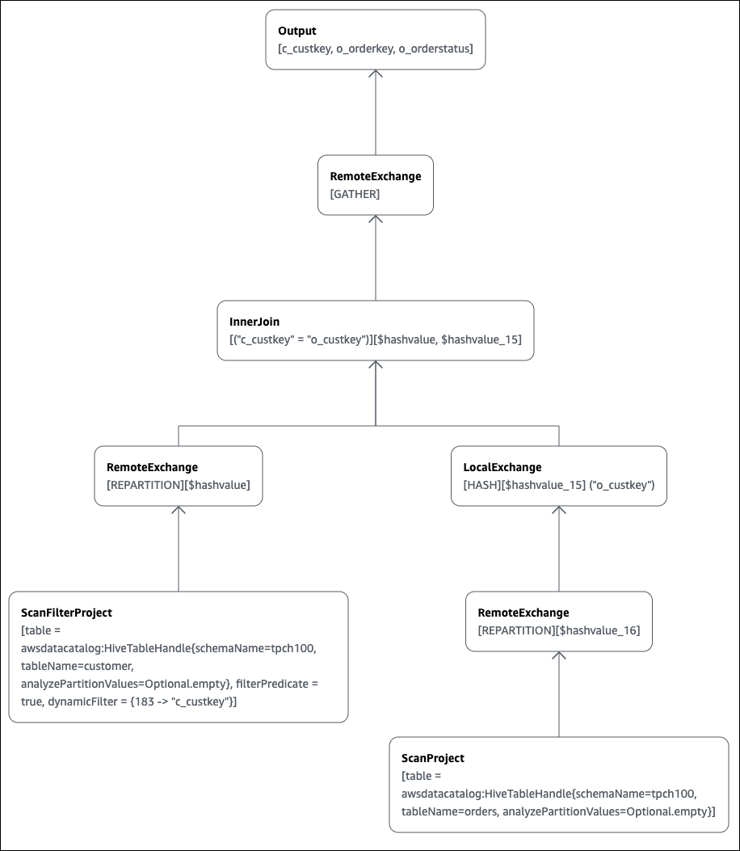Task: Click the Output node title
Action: coord(297,31)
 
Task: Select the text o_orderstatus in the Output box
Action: coord(436,49)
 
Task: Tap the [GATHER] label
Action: coord(355,195)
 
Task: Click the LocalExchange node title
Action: coord(502,467)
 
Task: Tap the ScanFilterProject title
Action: coord(66,613)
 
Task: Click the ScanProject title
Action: coord(433,758)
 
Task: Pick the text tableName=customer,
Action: coord(70,666)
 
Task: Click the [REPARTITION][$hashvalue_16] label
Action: coord(559,630)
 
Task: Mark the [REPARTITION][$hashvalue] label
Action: coord(178,485)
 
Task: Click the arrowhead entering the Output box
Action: coord(376,74)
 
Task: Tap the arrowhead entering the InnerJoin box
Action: coord(376,365)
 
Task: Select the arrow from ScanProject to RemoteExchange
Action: coord(559,695)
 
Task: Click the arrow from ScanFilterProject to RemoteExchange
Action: coord(179,550)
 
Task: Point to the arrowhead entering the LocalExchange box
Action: coord(559,511)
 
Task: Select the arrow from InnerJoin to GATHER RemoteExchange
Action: coord(376,259)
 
